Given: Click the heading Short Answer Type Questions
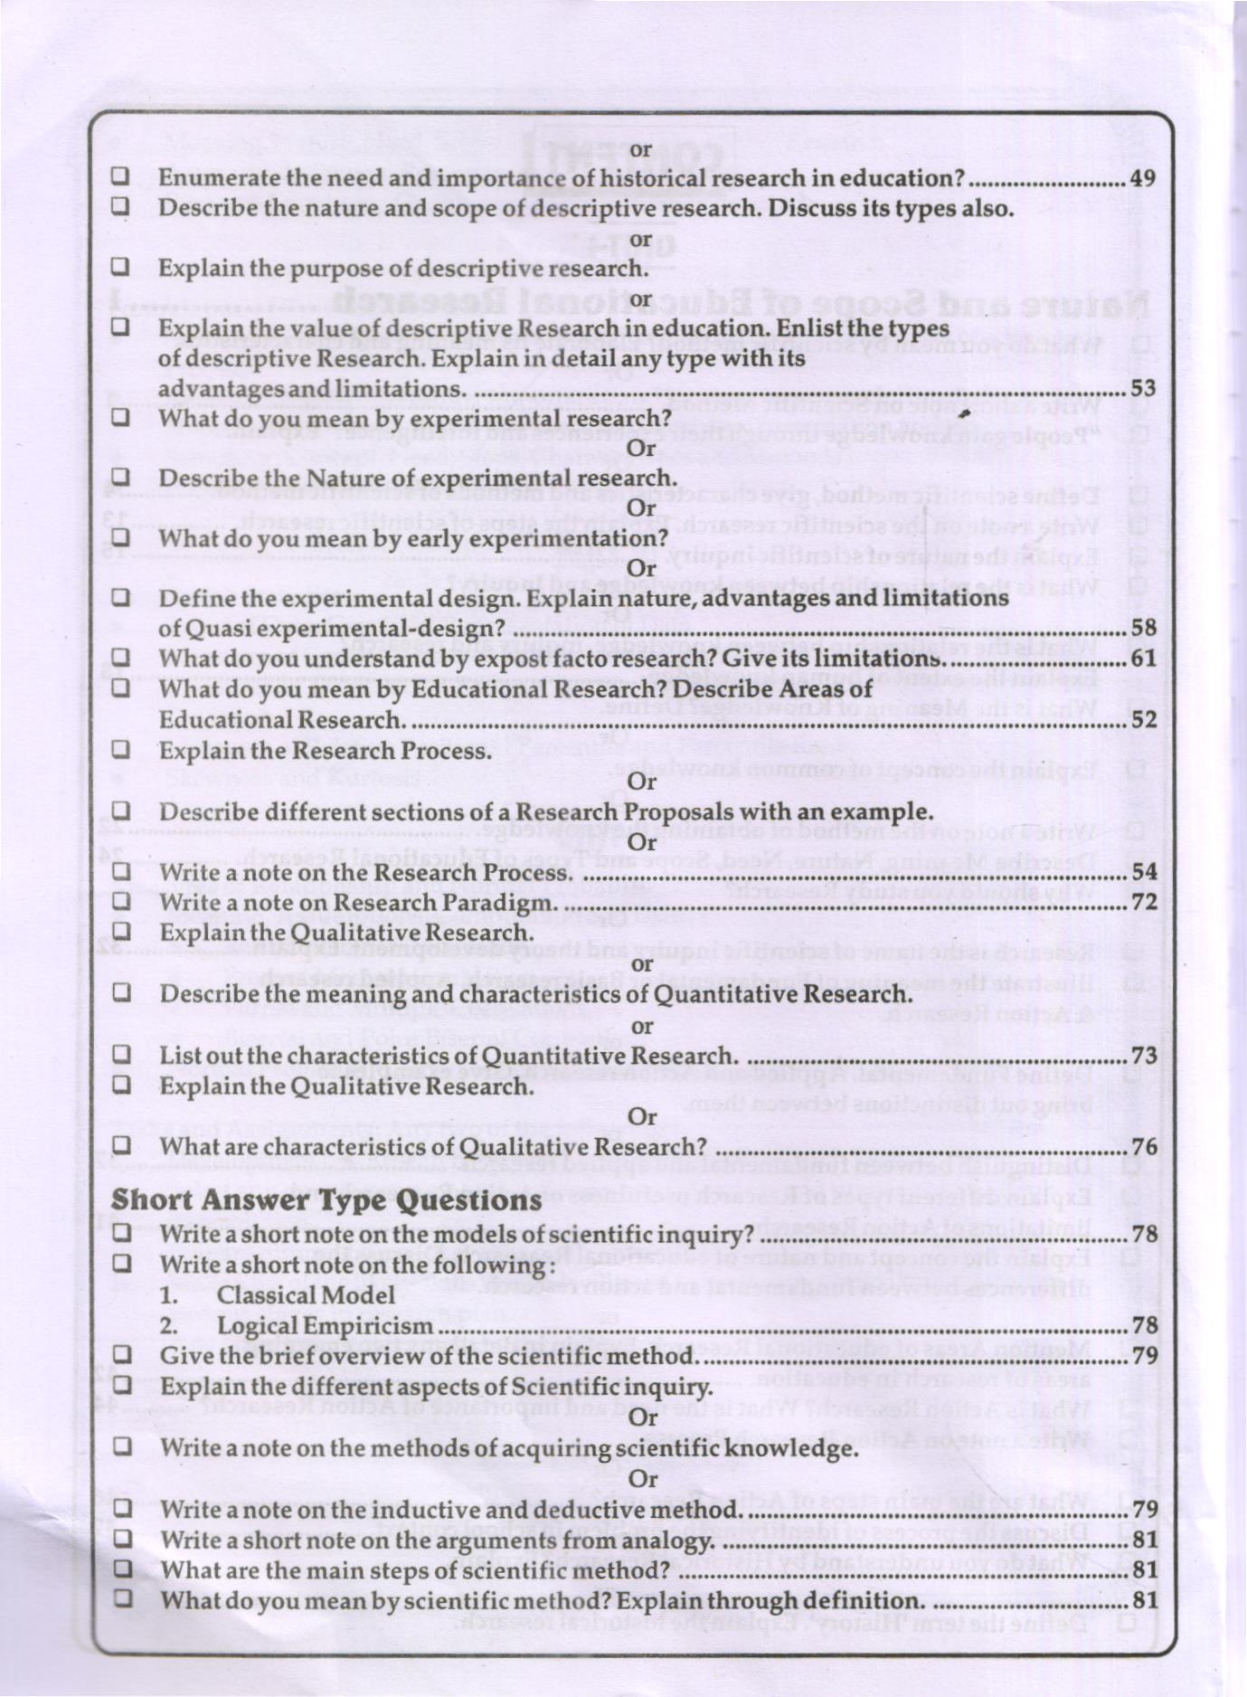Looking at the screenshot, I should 326,1200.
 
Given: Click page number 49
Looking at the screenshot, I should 1143,178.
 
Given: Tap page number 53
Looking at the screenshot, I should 1143,389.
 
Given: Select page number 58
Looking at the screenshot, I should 1143,628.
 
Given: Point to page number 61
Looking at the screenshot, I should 1143,658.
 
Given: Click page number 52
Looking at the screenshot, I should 1143,719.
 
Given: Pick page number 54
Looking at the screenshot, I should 1143,872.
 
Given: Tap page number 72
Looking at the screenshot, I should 1143,902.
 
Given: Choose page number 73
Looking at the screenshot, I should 1143,1056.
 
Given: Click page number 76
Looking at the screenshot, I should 1143,1147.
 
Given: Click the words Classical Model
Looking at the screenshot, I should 306,1295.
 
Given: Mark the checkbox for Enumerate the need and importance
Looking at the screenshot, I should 120,176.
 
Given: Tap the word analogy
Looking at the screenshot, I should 677,1540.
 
